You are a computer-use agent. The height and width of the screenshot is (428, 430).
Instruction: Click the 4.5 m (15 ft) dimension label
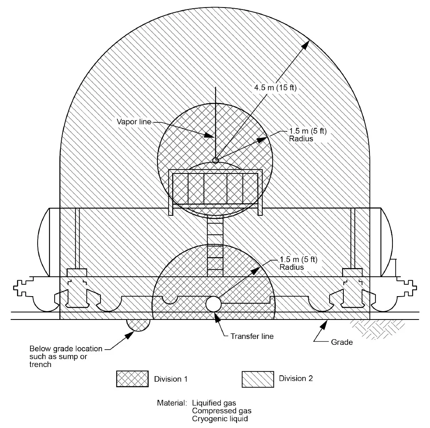(275, 88)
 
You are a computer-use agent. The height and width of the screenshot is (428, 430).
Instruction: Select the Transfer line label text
(252, 337)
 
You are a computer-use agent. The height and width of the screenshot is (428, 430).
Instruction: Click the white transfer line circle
(214, 304)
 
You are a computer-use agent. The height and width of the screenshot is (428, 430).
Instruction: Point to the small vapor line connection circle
(215, 160)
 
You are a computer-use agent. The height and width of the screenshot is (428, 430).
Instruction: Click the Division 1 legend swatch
(132, 379)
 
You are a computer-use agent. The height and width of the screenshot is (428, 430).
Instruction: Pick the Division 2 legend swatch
(258, 379)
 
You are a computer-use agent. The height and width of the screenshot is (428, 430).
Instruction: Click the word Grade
(342, 342)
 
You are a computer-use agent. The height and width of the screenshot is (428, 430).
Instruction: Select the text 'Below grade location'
(66, 349)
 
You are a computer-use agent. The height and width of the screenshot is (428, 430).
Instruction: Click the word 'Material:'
(172, 403)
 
